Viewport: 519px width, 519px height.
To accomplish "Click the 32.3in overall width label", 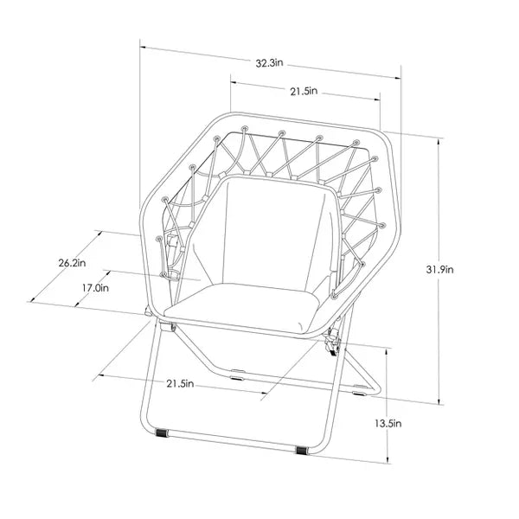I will (271, 63).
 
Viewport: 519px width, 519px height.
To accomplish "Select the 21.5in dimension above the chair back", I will (304, 91).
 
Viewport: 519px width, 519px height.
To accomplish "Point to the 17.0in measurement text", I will (94, 288).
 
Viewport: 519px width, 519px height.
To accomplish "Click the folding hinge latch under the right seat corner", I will (333, 345).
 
